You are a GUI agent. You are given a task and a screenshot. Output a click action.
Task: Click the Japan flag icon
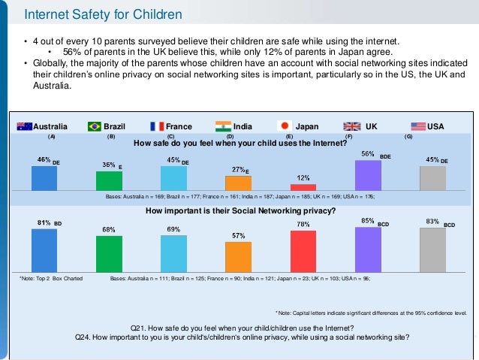285,126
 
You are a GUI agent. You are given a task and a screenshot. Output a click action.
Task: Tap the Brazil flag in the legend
95,126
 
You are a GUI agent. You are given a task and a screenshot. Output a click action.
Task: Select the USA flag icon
418,126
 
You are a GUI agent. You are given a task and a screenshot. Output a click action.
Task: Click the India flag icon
223,126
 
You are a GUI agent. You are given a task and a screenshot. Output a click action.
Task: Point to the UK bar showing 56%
368,175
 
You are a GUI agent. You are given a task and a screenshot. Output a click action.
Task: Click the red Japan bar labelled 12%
303,186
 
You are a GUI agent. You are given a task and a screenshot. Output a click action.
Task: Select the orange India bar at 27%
238,183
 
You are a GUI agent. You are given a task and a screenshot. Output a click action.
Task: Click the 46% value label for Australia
44,160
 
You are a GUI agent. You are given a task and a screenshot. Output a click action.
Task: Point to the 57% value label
238,236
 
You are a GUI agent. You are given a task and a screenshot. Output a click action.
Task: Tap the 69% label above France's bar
173,228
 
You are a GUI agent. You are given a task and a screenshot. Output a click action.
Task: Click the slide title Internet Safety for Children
103,14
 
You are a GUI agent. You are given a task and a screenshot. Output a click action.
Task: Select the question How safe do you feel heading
239,143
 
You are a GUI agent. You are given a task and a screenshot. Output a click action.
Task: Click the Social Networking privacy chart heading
239,211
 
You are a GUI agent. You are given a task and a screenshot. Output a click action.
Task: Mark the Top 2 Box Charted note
51,278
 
